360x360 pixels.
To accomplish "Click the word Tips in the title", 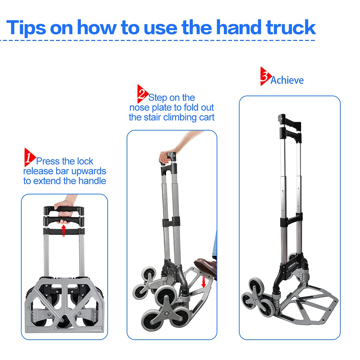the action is coord(26,28).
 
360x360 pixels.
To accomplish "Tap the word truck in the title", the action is coord(291,27).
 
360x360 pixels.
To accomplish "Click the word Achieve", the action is coord(287,81).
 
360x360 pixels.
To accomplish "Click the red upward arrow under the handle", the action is coord(64,230).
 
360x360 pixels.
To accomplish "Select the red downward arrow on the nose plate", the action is coord(204,282).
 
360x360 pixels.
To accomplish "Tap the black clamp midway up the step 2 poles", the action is coord(171,222).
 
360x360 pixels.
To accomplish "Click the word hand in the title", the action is coord(239,27).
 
